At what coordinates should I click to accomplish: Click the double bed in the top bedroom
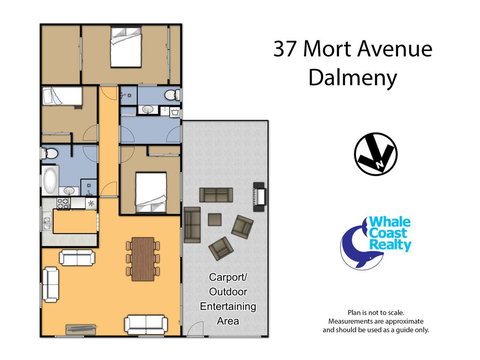[126, 49]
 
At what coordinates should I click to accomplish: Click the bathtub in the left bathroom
[48, 182]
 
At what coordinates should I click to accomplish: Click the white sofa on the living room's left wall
[76, 258]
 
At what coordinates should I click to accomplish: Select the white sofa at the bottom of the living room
[145, 323]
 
